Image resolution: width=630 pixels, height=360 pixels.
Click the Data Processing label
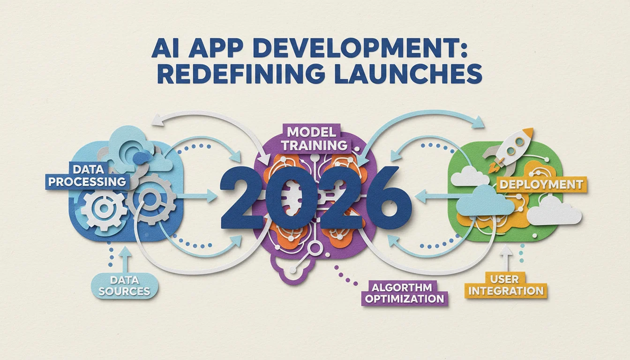click(x=87, y=176)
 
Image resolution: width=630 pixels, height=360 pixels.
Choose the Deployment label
click(x=541, y=185)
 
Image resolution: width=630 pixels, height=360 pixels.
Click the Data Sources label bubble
click(x=125, y=285)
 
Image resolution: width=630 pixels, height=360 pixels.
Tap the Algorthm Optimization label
click(x=404, y=293)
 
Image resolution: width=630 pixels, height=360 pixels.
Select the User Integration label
click(x=506, y=285)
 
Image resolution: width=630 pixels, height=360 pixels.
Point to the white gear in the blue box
click(x=104, y=208)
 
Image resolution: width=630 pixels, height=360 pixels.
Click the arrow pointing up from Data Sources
click(x=125, y=258)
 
